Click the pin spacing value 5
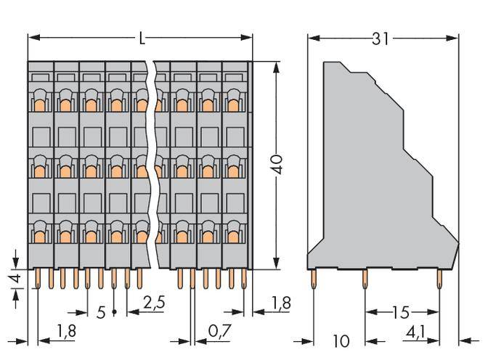pos(102,313)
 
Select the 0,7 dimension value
pos(217,331)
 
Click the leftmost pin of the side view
pos(313,280)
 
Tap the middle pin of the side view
pos(365,280)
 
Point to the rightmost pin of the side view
pos(439,280)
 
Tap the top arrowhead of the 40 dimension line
pos(276,67)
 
